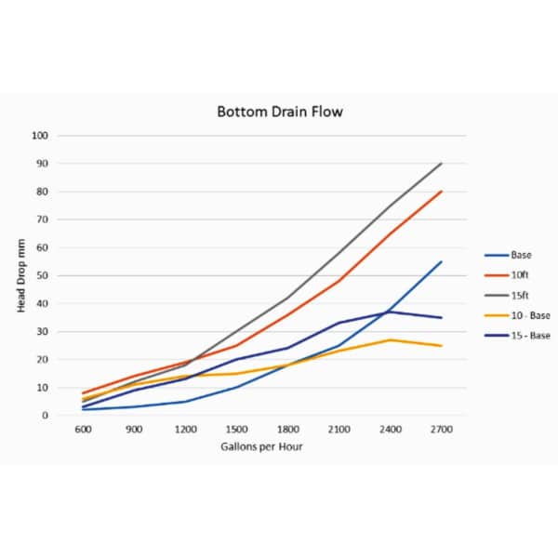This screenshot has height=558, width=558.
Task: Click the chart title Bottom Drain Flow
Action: click(x=279, y=113)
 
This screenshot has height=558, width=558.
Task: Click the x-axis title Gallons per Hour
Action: click(x=260, y=446)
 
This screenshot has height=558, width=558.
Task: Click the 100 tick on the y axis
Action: click(x=40, y=136)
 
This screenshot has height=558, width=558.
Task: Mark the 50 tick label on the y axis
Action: click(x=43, y=275)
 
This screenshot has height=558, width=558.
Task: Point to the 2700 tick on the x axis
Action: click(x=441, y=430)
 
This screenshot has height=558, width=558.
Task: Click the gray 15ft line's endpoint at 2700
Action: click(x=442, y=164)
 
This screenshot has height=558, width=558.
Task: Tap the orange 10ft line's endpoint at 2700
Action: click(x=442, y=192)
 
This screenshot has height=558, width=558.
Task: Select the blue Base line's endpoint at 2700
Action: click(x=442, y=261)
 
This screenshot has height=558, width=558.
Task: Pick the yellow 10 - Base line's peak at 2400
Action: click(x=391, y=339)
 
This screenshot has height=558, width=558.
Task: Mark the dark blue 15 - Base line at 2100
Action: click(x=339, y=323)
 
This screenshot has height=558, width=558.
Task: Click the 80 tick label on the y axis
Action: click(x=43, y=192)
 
